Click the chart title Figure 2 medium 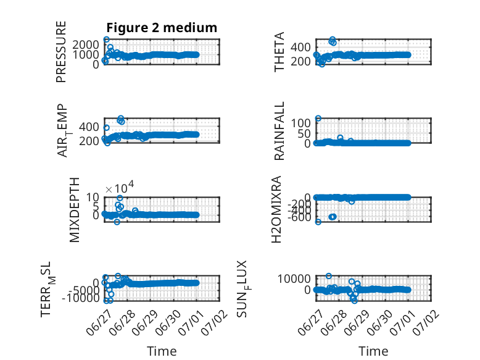tap(162, 28)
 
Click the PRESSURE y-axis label tap(61, 52)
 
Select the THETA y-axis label tap(279, 52)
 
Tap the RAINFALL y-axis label tap(279, 131)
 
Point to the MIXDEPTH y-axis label tap(75, 210)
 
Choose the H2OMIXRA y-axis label tap(276, 209)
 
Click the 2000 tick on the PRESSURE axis tap(86, 45)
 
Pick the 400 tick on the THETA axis tap(300, 48)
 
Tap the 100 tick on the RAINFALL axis tap(300, 123)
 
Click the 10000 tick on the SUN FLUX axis tap(294, 279)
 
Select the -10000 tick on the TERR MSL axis tap(80, 298)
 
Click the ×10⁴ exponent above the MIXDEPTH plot tap(120, 188)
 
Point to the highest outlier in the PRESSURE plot tap(106, 40)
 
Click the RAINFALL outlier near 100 tap(318, 119)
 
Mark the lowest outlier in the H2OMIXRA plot tap(318, 222)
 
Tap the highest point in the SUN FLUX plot tap(329, 276)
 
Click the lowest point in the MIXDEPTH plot tap(117, 222)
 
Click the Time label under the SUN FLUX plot tap(373, 351)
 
